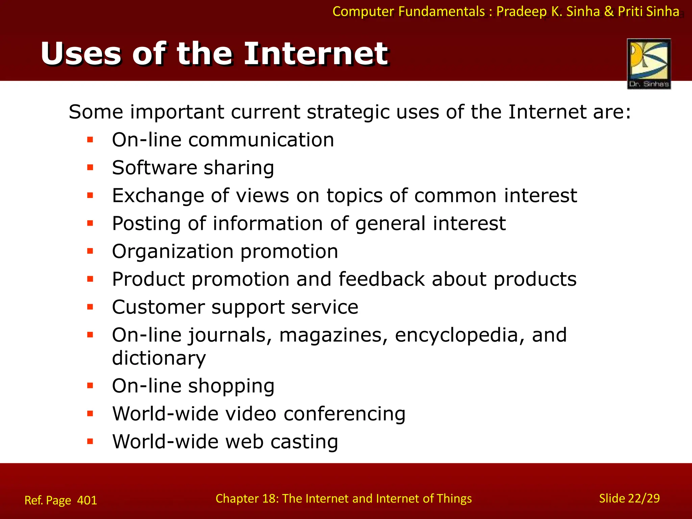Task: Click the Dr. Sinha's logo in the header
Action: (x=649, y=64)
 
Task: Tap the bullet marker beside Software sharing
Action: (x=90, y=168)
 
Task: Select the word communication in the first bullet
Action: (x=261, y=140)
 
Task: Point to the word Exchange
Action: (x=158, y=196)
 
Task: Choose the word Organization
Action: (x=173, y=252)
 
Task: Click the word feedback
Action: (x=381, y=279)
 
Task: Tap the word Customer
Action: (x=158, y=307)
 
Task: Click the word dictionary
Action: (x=159, y=358)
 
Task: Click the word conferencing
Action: (x=344, y=414)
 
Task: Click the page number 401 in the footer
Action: (x=87, y=500)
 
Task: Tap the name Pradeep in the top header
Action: (x=521, y=11)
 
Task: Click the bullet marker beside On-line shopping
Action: (x=90, y=386)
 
